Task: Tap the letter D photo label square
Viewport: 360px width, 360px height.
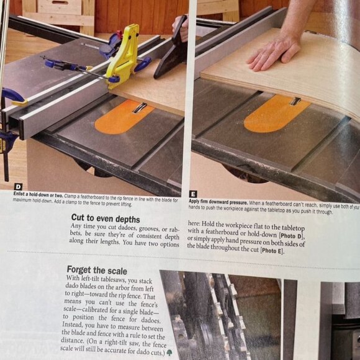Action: pos(17,186)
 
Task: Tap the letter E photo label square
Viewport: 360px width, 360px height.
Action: pos(193,194)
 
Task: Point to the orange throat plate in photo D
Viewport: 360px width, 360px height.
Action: pos(124,116)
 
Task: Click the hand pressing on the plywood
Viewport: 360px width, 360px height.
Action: pos(273,53)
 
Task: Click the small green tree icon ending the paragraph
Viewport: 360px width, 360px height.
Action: pos(169,353)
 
